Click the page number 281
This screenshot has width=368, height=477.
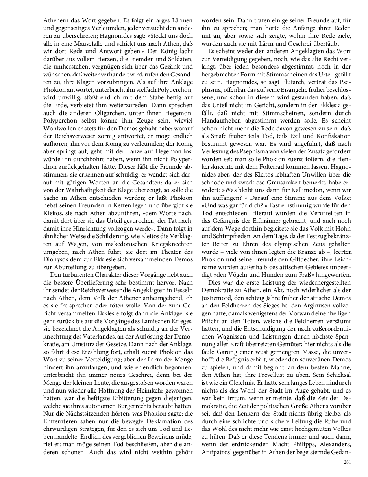tap(347, 462)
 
